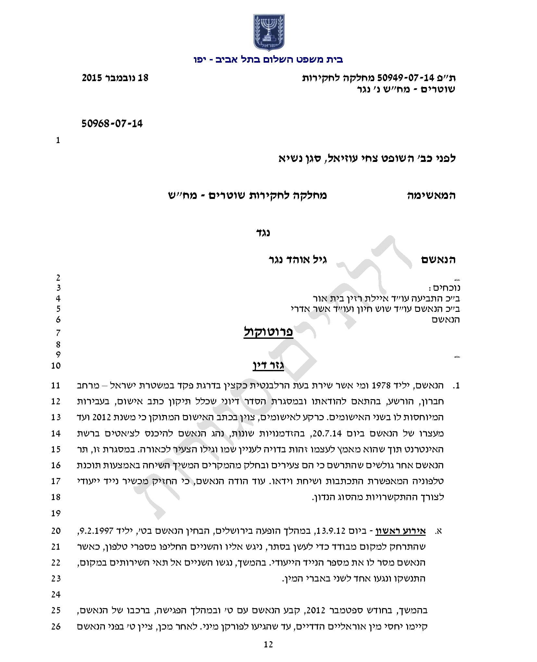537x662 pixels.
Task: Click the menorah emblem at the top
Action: pos(268,32)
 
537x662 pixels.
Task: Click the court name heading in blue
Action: pos(268,60)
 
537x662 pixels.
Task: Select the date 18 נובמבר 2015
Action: pos(115,78)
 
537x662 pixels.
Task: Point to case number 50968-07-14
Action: pos(112,124)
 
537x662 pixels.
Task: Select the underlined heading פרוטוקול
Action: pos(268,332)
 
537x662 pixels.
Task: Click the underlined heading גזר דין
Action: pos(268,365)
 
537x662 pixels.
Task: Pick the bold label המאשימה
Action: pos(431,195)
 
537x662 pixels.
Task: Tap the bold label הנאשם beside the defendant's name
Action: pos(438,259)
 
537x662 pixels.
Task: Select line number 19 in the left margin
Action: pos(56,513)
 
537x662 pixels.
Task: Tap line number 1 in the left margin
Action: pos(58,140)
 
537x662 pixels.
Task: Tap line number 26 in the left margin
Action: pos(56,626)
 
